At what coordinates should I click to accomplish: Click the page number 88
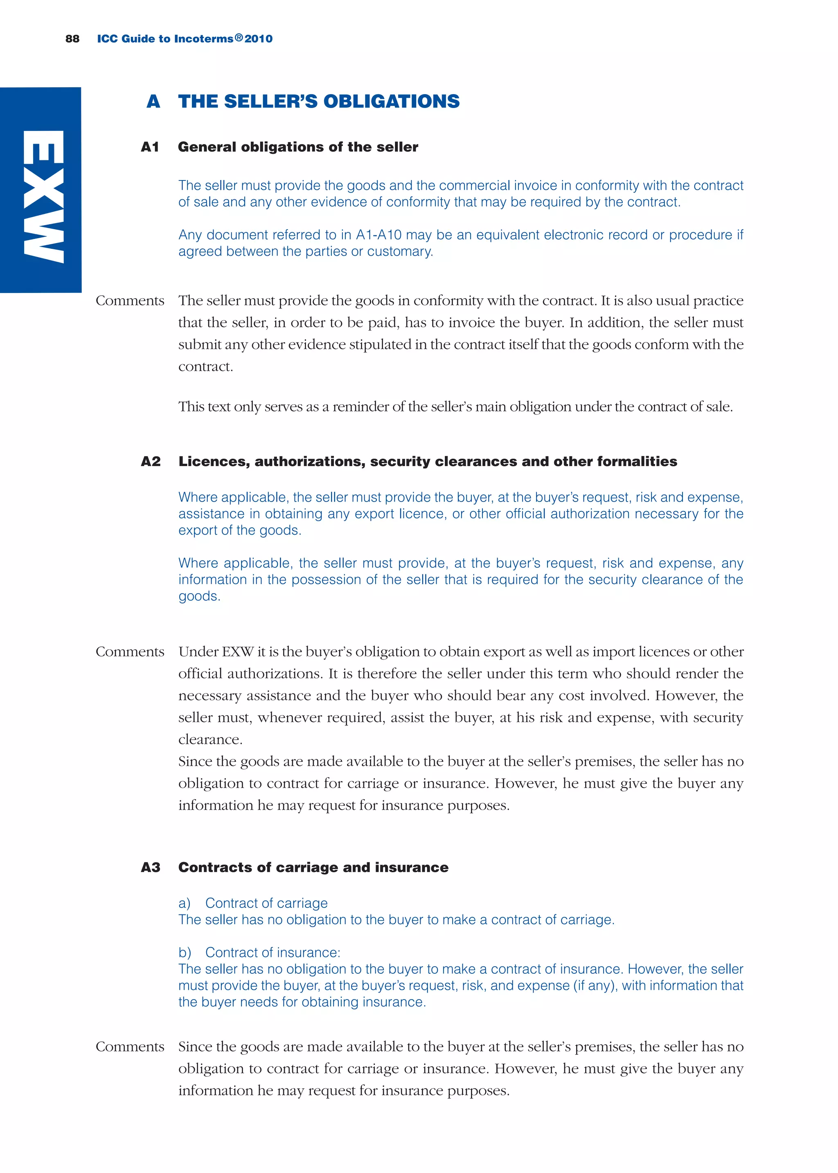tap(72, 39)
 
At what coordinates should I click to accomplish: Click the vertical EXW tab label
tap(43, 196)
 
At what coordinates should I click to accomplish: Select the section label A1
tap(150, 147)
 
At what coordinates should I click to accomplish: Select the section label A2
tap(151, 461)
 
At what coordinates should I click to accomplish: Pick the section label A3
tap(151, 867)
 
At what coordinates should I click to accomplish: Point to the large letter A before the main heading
tap(153, 101)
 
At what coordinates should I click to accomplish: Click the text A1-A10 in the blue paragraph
tap(378, 235)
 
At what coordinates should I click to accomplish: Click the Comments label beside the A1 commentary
tap(130, 301)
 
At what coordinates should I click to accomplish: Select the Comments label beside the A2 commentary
tap(130, 651)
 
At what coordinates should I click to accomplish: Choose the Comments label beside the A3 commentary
tap(130, 1047)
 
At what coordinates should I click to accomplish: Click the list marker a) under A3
tap(185, 903)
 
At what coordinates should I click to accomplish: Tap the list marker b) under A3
tap(185, 953)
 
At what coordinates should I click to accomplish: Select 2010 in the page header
tap(259, 39)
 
